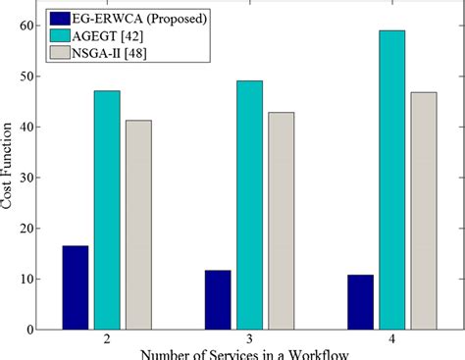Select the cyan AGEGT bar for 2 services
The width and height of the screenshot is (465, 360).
pos(107,210)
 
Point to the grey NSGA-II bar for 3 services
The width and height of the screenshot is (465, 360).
pos(281,221)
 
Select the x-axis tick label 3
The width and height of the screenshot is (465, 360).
pos(249,340)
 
